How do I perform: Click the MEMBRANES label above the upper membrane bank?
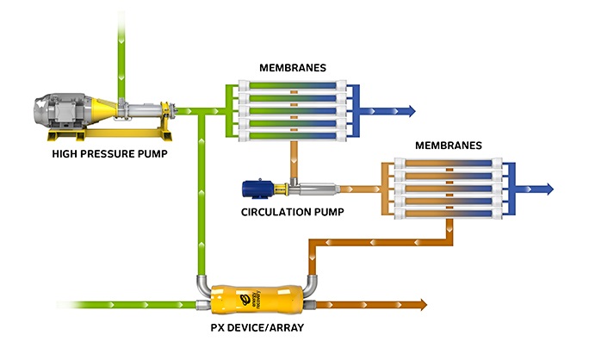tap(293, 67)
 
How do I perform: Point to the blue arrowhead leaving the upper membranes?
tap(411, 110)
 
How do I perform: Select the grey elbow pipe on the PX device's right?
tap(307, 289)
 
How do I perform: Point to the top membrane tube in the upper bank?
tap(293, 86)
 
